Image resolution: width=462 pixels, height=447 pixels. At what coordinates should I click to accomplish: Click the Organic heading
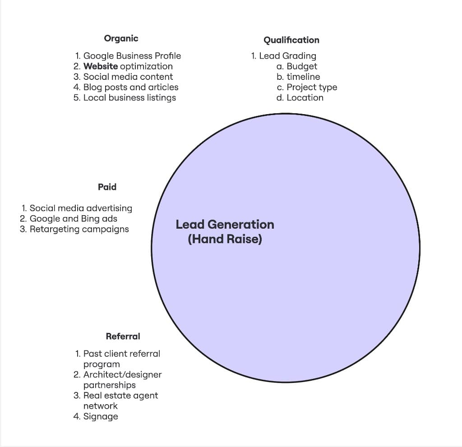coord(121,38)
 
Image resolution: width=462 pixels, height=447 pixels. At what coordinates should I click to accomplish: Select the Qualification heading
coord(291,40)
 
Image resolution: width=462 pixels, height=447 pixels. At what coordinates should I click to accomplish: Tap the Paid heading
coord(107,187)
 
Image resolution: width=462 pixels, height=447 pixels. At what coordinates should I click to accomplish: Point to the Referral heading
coord(123,336)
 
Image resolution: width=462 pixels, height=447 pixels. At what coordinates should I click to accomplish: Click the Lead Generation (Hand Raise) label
coord(225,231)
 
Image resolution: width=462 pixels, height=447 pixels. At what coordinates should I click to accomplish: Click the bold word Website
coord(101,66)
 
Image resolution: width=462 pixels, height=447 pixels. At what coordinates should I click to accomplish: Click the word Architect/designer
coord(122,374)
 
